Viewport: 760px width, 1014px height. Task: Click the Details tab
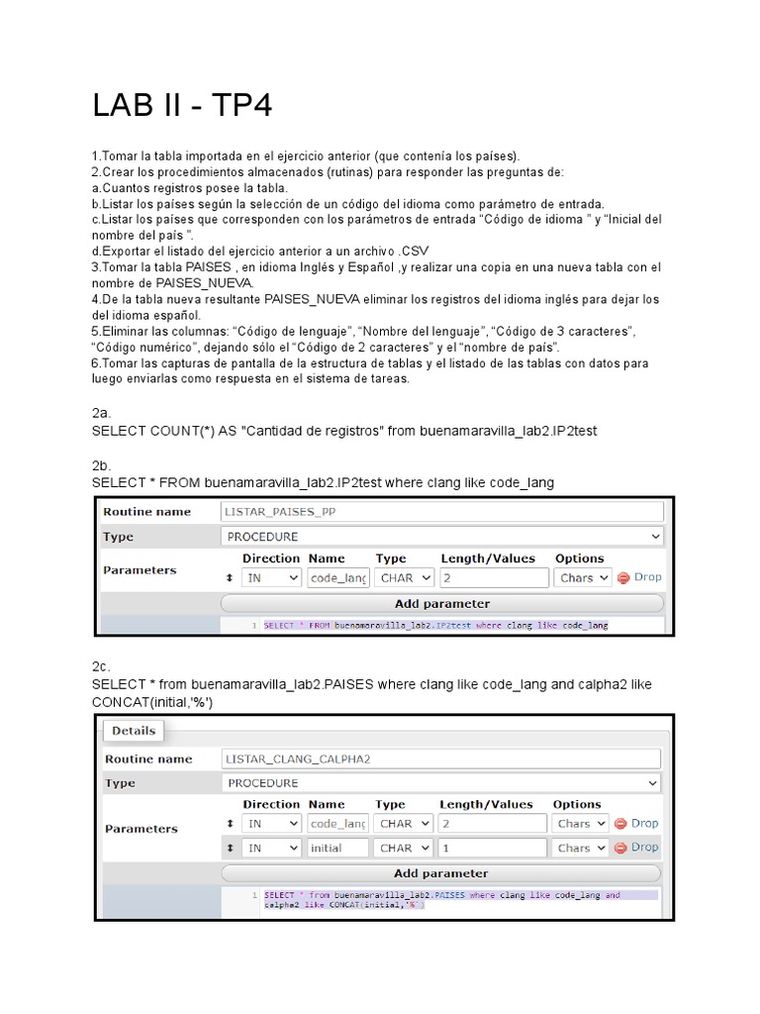pyautogui.click(x=134, y=731)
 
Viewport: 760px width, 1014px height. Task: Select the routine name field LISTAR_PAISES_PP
pyautogui.click(x=441, y=512)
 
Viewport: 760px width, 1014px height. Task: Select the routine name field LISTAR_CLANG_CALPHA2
pyautogui.click(x=441, y=759)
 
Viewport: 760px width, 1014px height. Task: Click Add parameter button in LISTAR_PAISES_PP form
pyautogui.click(x=441, y=603)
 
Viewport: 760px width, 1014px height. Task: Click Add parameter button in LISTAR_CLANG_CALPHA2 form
pyautogui.click(x=441, y=873)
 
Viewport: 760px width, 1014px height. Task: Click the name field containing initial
pyautogui.click(x=337, y=848)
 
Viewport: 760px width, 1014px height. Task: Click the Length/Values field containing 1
pyautogui.click(x=492, y=848)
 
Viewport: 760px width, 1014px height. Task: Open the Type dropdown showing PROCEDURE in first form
pyautogui.click(x=441, y=537)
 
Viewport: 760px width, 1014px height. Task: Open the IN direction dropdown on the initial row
pyautogui.click(x=271, y=848)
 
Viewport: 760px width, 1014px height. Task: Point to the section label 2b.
pyautogui.click(x=101, y=464)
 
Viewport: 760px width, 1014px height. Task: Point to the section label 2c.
pyautogui.click(x=101, y=668)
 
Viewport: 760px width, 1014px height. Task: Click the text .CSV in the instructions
pyautogui.click(x=410, y=250)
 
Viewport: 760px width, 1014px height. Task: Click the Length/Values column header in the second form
pyautogui.click(x=487, y=804)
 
